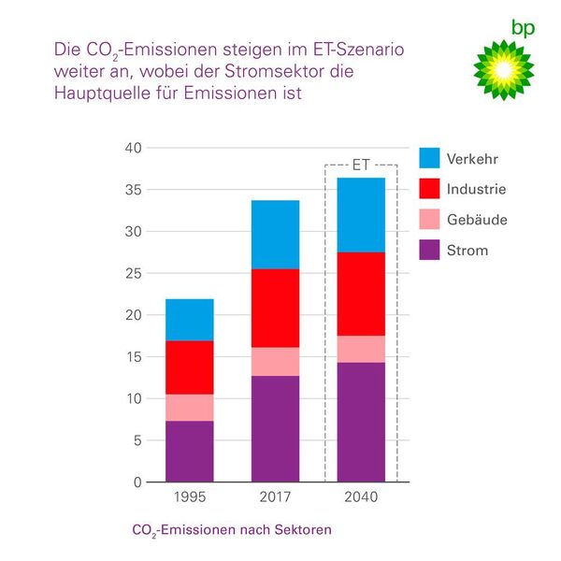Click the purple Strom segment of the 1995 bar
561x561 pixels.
click(190, 451)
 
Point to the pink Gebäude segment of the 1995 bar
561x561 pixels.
click(190, 408)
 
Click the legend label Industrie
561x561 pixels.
click(476, 190)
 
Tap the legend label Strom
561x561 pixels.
click(467, 251)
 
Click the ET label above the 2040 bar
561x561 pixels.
click(361, 165)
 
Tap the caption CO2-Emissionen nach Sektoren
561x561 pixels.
click(232, 530)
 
